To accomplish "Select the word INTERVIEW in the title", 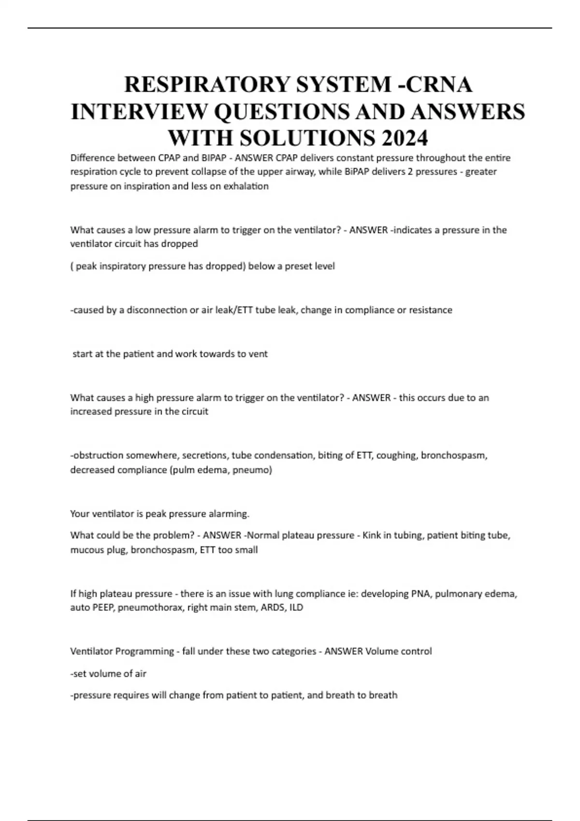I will [x=138, y=112].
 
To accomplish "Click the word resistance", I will [x=431, y=310].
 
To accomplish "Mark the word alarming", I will [x=229, y=514].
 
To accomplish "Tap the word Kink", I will [x=372, y=536].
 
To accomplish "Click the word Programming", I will [x=143, y=651].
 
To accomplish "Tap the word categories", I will [x=292, y=651].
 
